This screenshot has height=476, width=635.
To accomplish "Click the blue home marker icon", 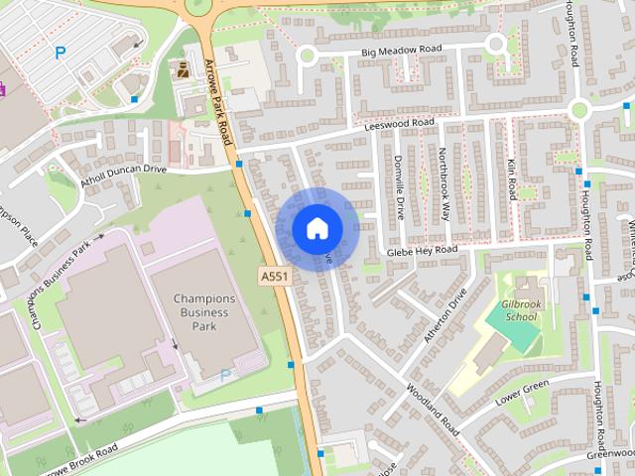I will pyautogui.click(x=317, y=228).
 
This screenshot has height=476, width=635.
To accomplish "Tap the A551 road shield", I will pyautogui.click(x=275, y=276).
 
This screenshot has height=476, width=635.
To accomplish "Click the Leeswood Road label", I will pyautogui.click(x=400, y=123).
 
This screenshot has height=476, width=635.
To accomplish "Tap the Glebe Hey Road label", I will pyautogui.click(x=423, y=251).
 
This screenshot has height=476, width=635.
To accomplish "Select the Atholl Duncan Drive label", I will pyautogui.click(x=124, y=171).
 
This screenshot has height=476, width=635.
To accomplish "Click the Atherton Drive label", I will pyautogui.click(x=445, y=316).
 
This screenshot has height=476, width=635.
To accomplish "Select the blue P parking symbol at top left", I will pyautogui.click(x=60, y=53).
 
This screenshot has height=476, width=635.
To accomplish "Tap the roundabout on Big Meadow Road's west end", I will pyautogui.click(x=308, y=58).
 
